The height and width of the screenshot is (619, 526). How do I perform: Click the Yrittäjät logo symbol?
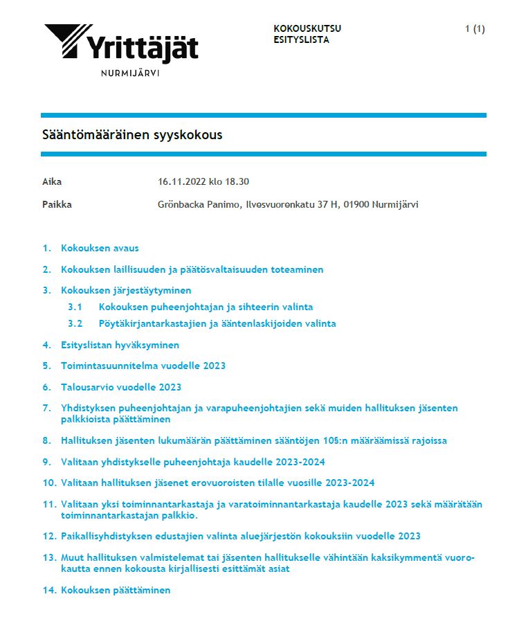(x=67, y=39)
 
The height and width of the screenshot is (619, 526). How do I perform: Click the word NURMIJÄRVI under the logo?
(x=130, y=73)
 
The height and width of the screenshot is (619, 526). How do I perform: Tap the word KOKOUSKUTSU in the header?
(x=307, y=28)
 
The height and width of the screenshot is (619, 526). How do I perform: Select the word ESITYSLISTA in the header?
(x=301, y=39)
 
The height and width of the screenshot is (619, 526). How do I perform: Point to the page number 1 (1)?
(x=475, y=28)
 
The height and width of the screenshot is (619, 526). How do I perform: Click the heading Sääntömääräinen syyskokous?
(x=132, y=135)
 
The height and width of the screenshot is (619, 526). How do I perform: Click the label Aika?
(x=52, y=182)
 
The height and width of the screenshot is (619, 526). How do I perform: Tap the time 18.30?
(x=237, y=182)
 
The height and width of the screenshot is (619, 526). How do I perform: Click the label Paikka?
(x=57, y=204)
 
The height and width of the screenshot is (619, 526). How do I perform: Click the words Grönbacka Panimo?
(x=194, y=204)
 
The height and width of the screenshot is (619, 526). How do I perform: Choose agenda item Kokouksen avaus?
(x=100, y=248)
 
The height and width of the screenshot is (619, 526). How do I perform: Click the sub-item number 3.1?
(x=75, y=307)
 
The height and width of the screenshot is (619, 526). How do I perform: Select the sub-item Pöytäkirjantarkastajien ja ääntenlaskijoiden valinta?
(x=217, y=323)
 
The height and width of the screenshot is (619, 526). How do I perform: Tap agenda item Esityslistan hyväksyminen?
(x=120, y=345)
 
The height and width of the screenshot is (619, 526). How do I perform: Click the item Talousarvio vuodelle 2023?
(x=121, y=387)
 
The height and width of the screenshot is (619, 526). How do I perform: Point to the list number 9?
(x=47, y=462)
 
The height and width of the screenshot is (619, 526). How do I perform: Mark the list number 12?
(x=48, y=536)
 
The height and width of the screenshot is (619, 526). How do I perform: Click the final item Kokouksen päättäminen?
(x=116, y=590)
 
